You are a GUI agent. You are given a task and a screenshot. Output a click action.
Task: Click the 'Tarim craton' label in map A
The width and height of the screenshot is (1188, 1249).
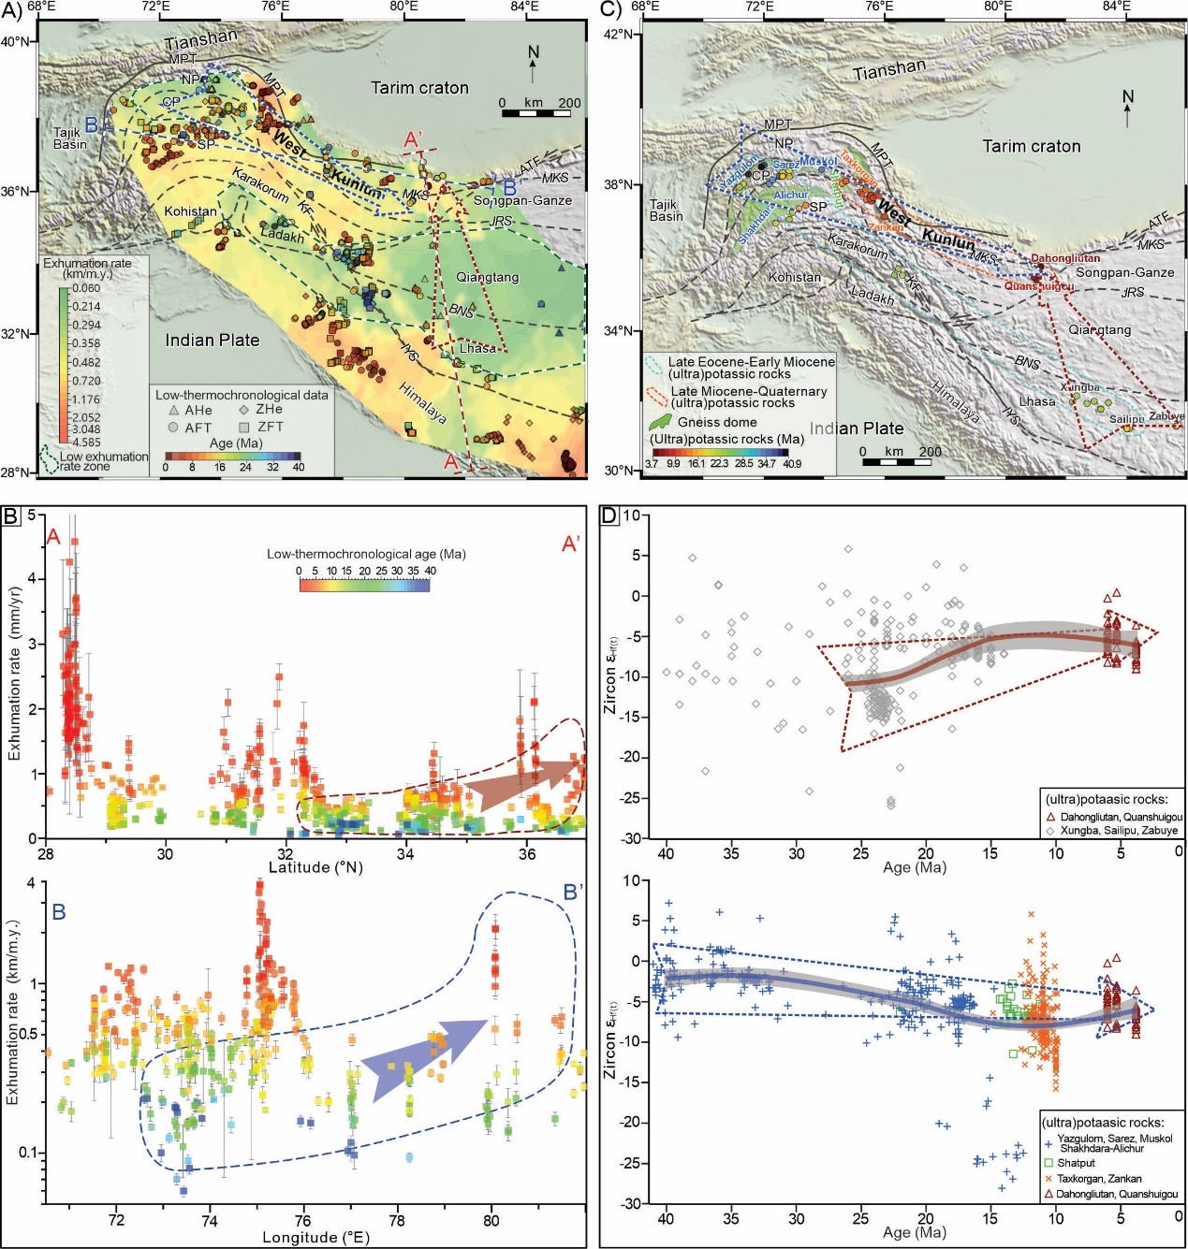tap(419, 88)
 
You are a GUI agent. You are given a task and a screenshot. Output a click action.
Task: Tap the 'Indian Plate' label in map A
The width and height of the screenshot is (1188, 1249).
tap(213, 340)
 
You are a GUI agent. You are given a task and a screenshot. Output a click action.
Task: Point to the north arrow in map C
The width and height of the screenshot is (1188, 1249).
tap(1127, 109)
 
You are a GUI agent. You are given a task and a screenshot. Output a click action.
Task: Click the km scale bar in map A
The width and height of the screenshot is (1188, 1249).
tap(535, 113)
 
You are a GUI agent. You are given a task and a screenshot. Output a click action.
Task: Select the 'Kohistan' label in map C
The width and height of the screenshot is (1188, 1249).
tap(794, 277)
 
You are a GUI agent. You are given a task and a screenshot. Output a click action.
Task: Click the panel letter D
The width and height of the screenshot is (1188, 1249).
tap(609, 516)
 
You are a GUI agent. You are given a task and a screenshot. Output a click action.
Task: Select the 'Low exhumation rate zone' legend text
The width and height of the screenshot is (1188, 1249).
tap(103, 461)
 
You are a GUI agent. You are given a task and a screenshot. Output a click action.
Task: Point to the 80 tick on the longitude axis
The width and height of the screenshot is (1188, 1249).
tap(491, 1220)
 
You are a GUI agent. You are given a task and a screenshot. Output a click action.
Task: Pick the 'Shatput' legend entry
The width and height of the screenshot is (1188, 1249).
tap(1076, 1163)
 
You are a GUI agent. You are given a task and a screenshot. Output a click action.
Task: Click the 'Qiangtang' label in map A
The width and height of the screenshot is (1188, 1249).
tap(487, 277)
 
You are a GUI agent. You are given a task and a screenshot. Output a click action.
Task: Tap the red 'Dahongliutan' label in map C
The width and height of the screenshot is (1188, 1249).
tap(1065, 258)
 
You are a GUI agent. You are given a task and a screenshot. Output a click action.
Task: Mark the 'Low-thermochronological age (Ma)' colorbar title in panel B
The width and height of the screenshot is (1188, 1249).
tap(366, 554)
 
